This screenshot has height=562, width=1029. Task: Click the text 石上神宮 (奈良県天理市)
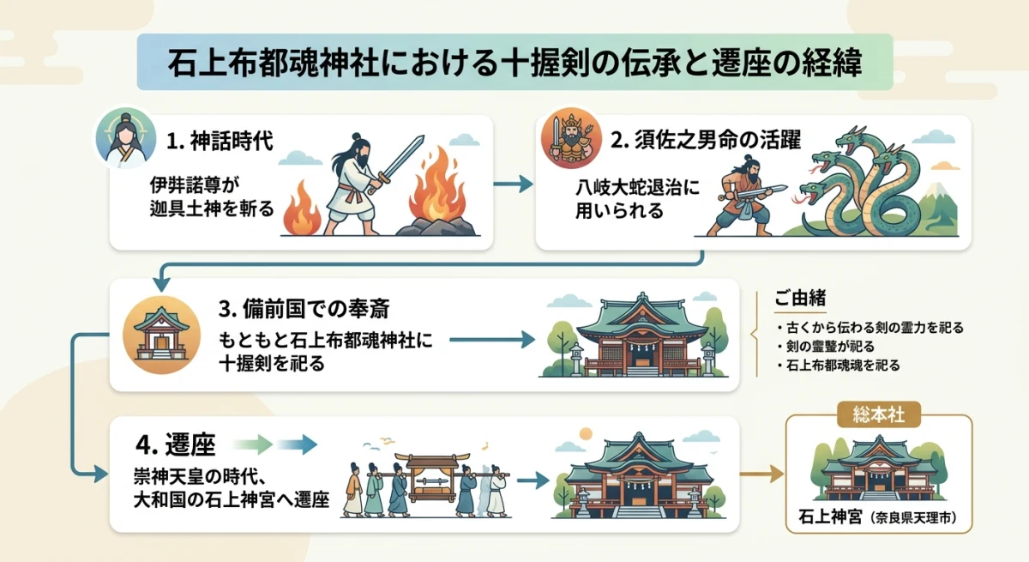[x=879, y=519]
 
